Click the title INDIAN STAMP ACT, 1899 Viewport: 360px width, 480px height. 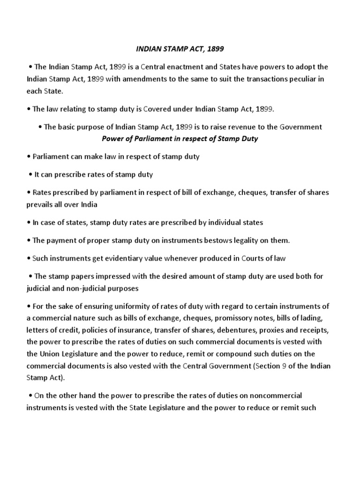click(x=180, y=48)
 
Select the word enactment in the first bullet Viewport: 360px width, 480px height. click(x=197, y=66)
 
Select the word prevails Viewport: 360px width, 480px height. click(x=40, y=204)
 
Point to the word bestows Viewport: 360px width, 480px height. click(x=211, y=240)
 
